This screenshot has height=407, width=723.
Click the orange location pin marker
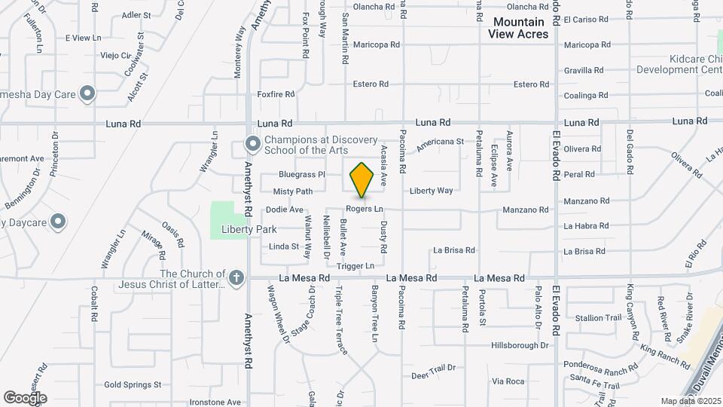pyautogui.click(x=362, y=179)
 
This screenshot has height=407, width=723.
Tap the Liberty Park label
pyautogui.click(x=249, y=229)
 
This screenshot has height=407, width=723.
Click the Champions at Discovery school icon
pyautogui.click(x=252, y=143)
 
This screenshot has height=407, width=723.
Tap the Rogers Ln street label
pyautogui.click(x=365, y=209)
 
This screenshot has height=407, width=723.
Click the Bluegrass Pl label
pyautogui.click(x=301, y=174)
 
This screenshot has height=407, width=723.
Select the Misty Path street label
pyautogui.click(x=292, y=191)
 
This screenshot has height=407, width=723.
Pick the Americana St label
pyautogui.click(x=440, y=142)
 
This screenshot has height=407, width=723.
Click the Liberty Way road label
pyautogui.click(x=432, y=191)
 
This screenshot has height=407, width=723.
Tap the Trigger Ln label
pyautogui.click(x=355, y=266)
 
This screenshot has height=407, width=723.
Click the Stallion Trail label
pyautogui.click(x=598, y=318)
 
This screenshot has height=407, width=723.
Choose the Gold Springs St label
pyautogui.click(x=133, y=384)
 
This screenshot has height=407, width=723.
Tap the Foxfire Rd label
pyautogui.click(x=276, y=94)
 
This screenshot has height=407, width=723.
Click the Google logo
pyautogui.click(x=25, y=397)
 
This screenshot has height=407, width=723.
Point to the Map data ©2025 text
pyautogui.click(x=690, y=401)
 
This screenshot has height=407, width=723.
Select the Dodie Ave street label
pyautogui.click(x=285, y=210)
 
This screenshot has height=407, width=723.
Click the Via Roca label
pyautogui.click(x=508, y=382)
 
